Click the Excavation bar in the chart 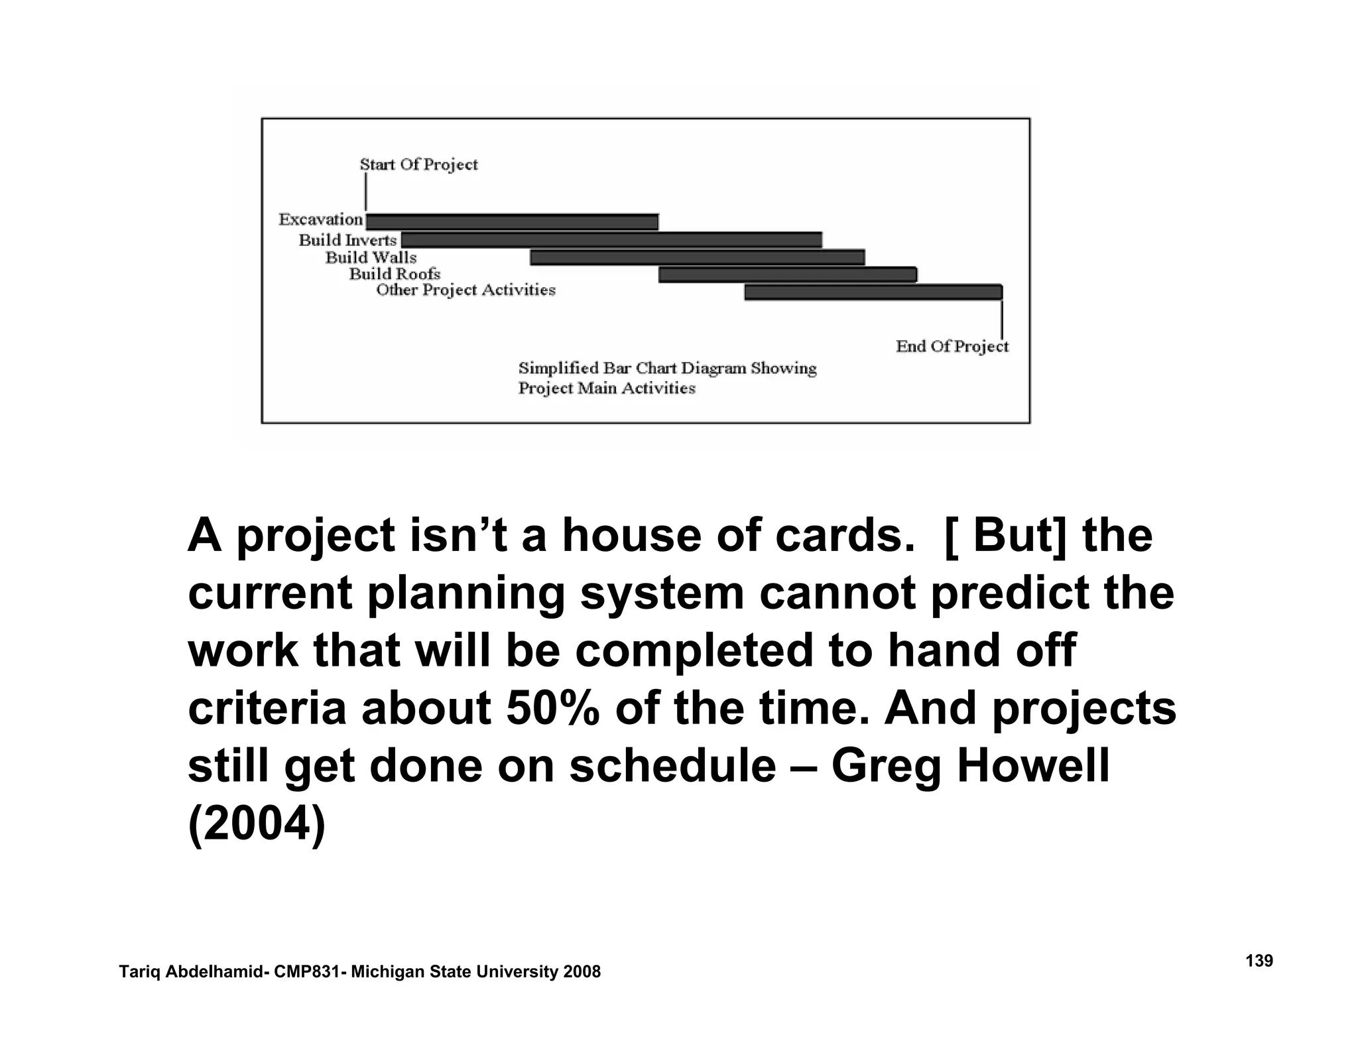(512, 222)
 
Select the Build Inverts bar (611, 240)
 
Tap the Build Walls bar (697, 257)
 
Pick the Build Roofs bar (788, 275)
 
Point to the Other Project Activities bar (873, 292)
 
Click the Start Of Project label (418, 164)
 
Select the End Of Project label (952, 346)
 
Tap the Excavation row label (320, 219)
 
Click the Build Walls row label (371, 257)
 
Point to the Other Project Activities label (465, 290)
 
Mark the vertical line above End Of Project (1001, 320)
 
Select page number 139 (1259, 961)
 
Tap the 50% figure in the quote (552, 708)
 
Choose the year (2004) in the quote (257, 824)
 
